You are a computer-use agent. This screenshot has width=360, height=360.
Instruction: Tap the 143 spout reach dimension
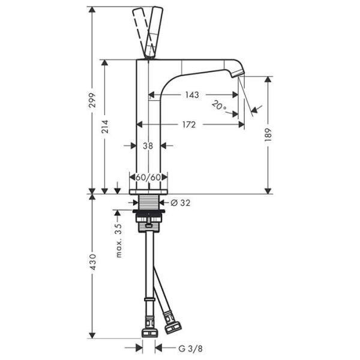pos(193,95)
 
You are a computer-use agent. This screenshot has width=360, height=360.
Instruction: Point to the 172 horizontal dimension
pos(189,125)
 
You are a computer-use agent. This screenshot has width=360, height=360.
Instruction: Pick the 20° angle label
pos(219,106)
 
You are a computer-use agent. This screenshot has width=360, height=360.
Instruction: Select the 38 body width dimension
pos(148,145)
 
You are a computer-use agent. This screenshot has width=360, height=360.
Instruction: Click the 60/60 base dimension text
pos(148,177)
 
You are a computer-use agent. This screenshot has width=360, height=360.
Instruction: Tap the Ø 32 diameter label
pos(180,203)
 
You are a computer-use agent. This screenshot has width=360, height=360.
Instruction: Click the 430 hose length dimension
pos(91,265)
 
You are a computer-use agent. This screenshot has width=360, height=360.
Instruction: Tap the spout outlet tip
pos(241,74)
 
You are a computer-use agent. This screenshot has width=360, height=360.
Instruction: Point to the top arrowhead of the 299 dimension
pos(92,10)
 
